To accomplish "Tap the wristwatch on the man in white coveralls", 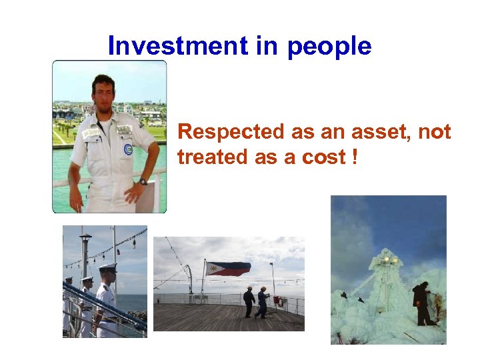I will point(143,182).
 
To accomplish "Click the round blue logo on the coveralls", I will point(127,149).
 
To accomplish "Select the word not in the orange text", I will point(434,132).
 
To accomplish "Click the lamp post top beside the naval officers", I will point(85,237).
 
